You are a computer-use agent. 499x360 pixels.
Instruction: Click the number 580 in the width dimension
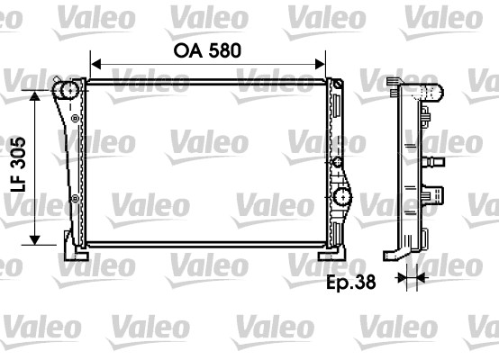(222, 50)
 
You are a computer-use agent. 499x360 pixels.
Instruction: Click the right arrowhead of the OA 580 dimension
(320, 65)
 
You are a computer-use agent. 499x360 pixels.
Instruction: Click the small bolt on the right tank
(337, 161)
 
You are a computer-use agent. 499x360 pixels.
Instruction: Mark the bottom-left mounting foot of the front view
(73, 244)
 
